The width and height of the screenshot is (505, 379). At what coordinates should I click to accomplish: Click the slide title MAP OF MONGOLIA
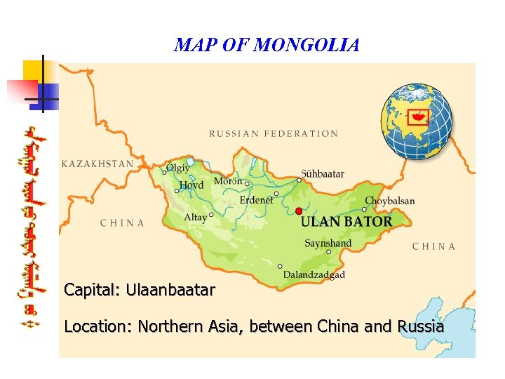tap(267, 46)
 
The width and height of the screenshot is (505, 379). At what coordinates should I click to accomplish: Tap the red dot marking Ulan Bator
tap(299, 211)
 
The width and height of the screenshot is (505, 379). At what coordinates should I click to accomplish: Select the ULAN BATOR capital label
tap(346, 221)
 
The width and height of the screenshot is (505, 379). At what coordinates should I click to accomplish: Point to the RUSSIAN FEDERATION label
tap(274, 133)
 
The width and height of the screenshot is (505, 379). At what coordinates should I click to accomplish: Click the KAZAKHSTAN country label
tap(97, 164)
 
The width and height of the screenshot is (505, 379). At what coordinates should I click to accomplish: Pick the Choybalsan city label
tap(390, 201)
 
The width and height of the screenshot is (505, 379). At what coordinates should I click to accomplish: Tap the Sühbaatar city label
tap(323, 173)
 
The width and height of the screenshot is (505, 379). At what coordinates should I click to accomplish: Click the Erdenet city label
tap(257, 200)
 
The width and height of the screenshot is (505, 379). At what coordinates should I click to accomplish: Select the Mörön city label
tap(228, 181)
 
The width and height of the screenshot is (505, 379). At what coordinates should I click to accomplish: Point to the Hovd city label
tap(191, 185)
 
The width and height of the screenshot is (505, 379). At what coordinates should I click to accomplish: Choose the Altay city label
tap(195, 218)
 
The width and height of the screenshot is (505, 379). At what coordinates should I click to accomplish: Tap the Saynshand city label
tap(328, 244)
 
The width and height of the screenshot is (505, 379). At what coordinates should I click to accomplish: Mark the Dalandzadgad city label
tap(314, 274)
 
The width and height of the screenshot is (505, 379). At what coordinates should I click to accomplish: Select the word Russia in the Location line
tap(420, 326)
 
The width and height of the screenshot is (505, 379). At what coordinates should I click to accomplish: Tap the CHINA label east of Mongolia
tap(433, 246)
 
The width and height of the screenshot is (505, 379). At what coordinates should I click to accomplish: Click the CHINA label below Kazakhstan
tap(122, 223)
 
